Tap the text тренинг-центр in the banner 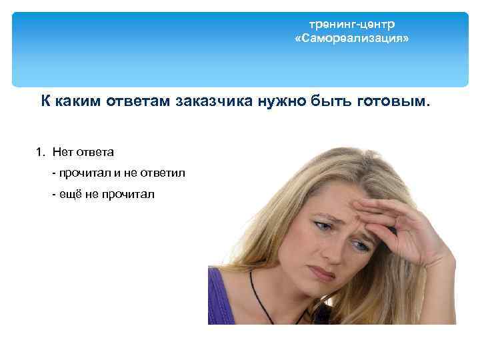(352, 24)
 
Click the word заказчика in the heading (216, 102)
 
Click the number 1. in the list (41, 153)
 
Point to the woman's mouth (323, 273)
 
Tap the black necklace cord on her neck (257, 293)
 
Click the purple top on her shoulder (223, 300)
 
